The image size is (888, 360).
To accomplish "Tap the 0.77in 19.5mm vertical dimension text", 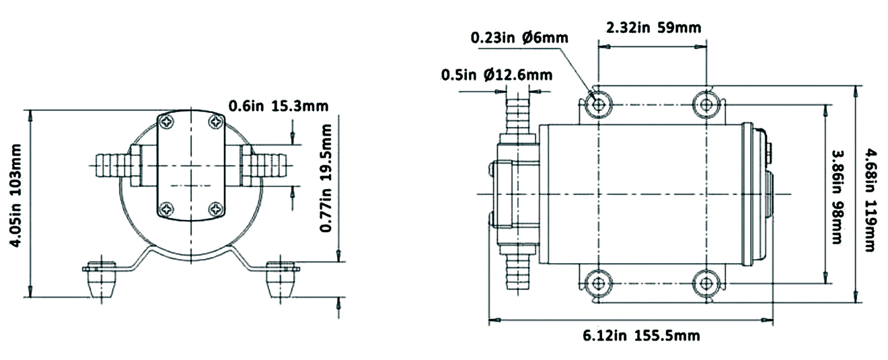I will point(326,191).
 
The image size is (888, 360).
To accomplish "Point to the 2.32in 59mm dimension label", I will point(653,28).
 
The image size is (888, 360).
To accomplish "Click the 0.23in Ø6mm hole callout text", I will point(519,38).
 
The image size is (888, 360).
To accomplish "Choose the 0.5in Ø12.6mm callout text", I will point(496,74).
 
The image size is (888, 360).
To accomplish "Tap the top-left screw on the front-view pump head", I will point(167,122).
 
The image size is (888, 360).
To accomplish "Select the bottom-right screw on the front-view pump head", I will point(215,209).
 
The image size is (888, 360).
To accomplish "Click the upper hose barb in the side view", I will point(517,114).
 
